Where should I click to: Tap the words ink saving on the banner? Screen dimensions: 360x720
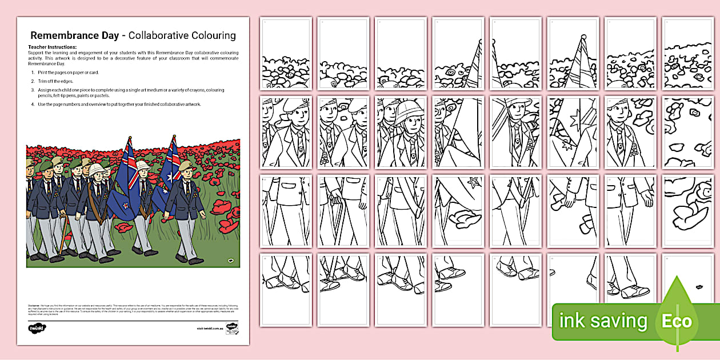[x=603, y=321]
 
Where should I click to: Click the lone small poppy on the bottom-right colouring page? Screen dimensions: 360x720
[x=699, y=286]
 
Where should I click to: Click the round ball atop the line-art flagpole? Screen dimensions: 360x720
[x=583, y=37]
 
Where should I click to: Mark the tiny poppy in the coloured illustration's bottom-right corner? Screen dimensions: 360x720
[x=230, y=261]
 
